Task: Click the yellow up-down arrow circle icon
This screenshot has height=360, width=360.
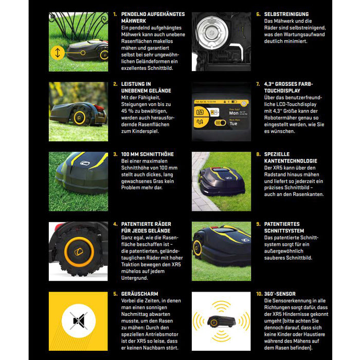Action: click(57, 52)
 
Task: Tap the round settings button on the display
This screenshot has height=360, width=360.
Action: click(245, 103)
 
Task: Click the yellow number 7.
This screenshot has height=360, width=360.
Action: click(258, 84)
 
